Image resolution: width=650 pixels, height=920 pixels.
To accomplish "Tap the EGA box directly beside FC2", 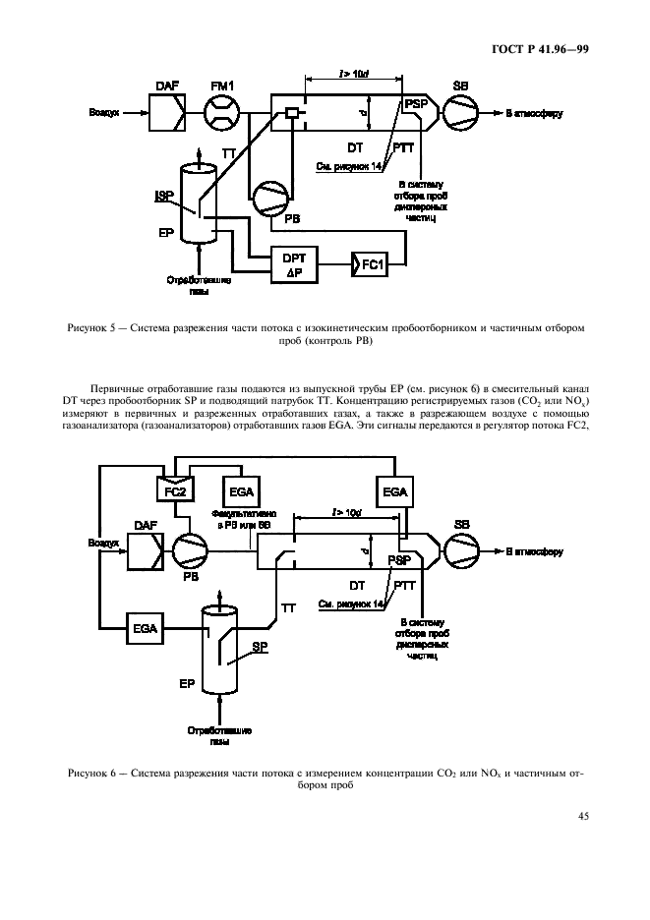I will [241, 489].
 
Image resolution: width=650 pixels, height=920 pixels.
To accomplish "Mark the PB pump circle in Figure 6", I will [191, 552].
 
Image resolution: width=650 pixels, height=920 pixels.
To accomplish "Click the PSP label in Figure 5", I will [414, 102].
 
